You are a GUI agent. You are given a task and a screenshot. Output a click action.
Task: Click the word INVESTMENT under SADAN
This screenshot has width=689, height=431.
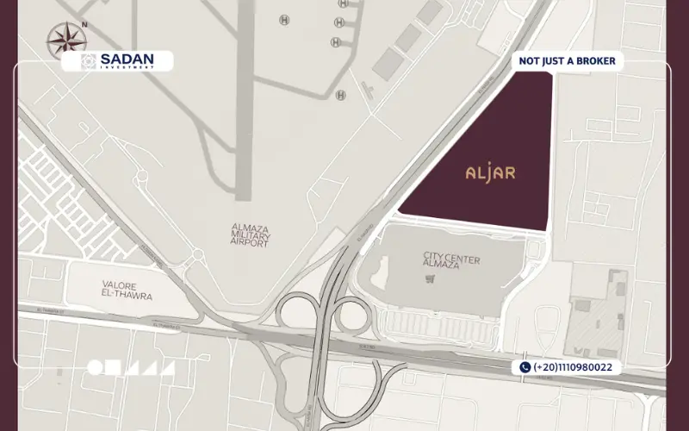point(128,66)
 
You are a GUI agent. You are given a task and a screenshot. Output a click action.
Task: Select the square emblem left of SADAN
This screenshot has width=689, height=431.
point(89,60)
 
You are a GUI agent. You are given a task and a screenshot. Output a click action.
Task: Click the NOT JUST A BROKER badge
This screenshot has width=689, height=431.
point(566,61)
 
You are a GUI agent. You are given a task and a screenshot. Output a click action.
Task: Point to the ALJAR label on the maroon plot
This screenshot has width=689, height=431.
point(490,172)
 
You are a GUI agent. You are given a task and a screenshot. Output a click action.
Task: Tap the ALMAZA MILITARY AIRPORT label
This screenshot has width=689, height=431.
point(251,235)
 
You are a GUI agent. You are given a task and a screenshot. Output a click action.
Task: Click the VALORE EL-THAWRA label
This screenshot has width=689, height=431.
point(127,290)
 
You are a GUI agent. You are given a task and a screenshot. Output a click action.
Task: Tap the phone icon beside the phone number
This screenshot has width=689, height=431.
point(525,367)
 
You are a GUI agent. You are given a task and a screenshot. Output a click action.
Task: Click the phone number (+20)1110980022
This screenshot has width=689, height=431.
point(573,367)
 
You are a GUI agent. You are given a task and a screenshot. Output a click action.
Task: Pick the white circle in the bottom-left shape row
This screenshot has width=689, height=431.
point(95,368)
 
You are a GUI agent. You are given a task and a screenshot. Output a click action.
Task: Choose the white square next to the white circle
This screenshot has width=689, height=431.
point(113,368)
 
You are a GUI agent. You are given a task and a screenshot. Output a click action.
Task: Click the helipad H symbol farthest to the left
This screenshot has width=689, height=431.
point(283,19)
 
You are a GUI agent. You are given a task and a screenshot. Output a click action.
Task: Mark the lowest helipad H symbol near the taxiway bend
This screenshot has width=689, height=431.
point(340,94)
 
